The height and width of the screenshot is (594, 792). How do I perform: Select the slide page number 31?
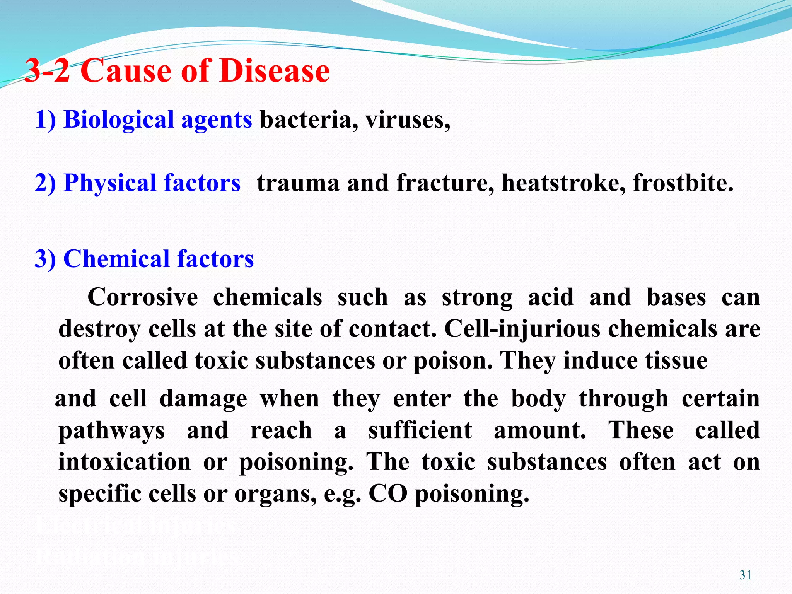click(745, 575)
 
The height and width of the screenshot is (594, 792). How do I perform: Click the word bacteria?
click(306, 119)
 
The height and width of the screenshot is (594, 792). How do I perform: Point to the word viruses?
click(408, 119)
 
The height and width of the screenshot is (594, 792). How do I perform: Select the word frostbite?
click(683, 183)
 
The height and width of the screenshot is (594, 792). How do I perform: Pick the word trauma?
click(297, 183)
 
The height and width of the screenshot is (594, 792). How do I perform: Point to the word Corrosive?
click(143, 297)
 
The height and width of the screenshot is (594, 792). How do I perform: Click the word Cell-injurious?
click(522, 329)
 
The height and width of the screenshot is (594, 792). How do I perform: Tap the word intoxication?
click(125, 462)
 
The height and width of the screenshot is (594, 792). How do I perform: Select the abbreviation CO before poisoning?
click(388, 494)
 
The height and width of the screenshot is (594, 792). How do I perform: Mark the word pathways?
click(111, 431)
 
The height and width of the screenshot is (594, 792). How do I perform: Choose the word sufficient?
click(420, 430)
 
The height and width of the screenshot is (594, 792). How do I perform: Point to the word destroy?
click(99, 330)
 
